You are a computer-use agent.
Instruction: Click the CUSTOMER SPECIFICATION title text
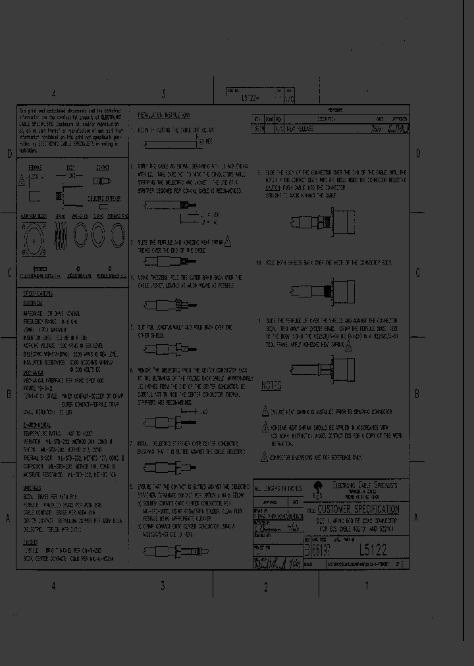[x=357, y=509]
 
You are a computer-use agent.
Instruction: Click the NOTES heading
[x=271, y=386]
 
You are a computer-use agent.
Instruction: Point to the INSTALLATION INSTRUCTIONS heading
[x=164, y=115]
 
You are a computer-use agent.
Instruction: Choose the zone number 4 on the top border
[x=54, y=94]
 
